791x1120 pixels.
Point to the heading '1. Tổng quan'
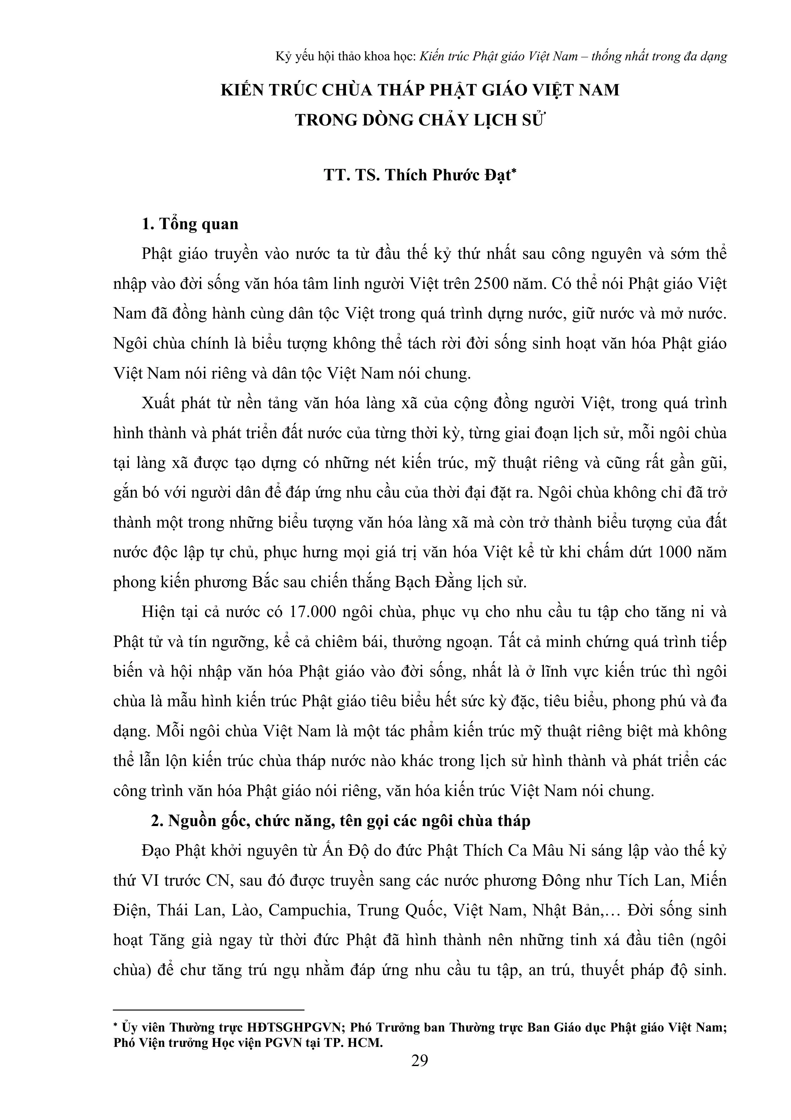pos(190,224)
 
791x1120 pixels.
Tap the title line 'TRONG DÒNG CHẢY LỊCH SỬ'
pos(419,120)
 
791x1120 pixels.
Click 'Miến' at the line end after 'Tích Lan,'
pos(709,881)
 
